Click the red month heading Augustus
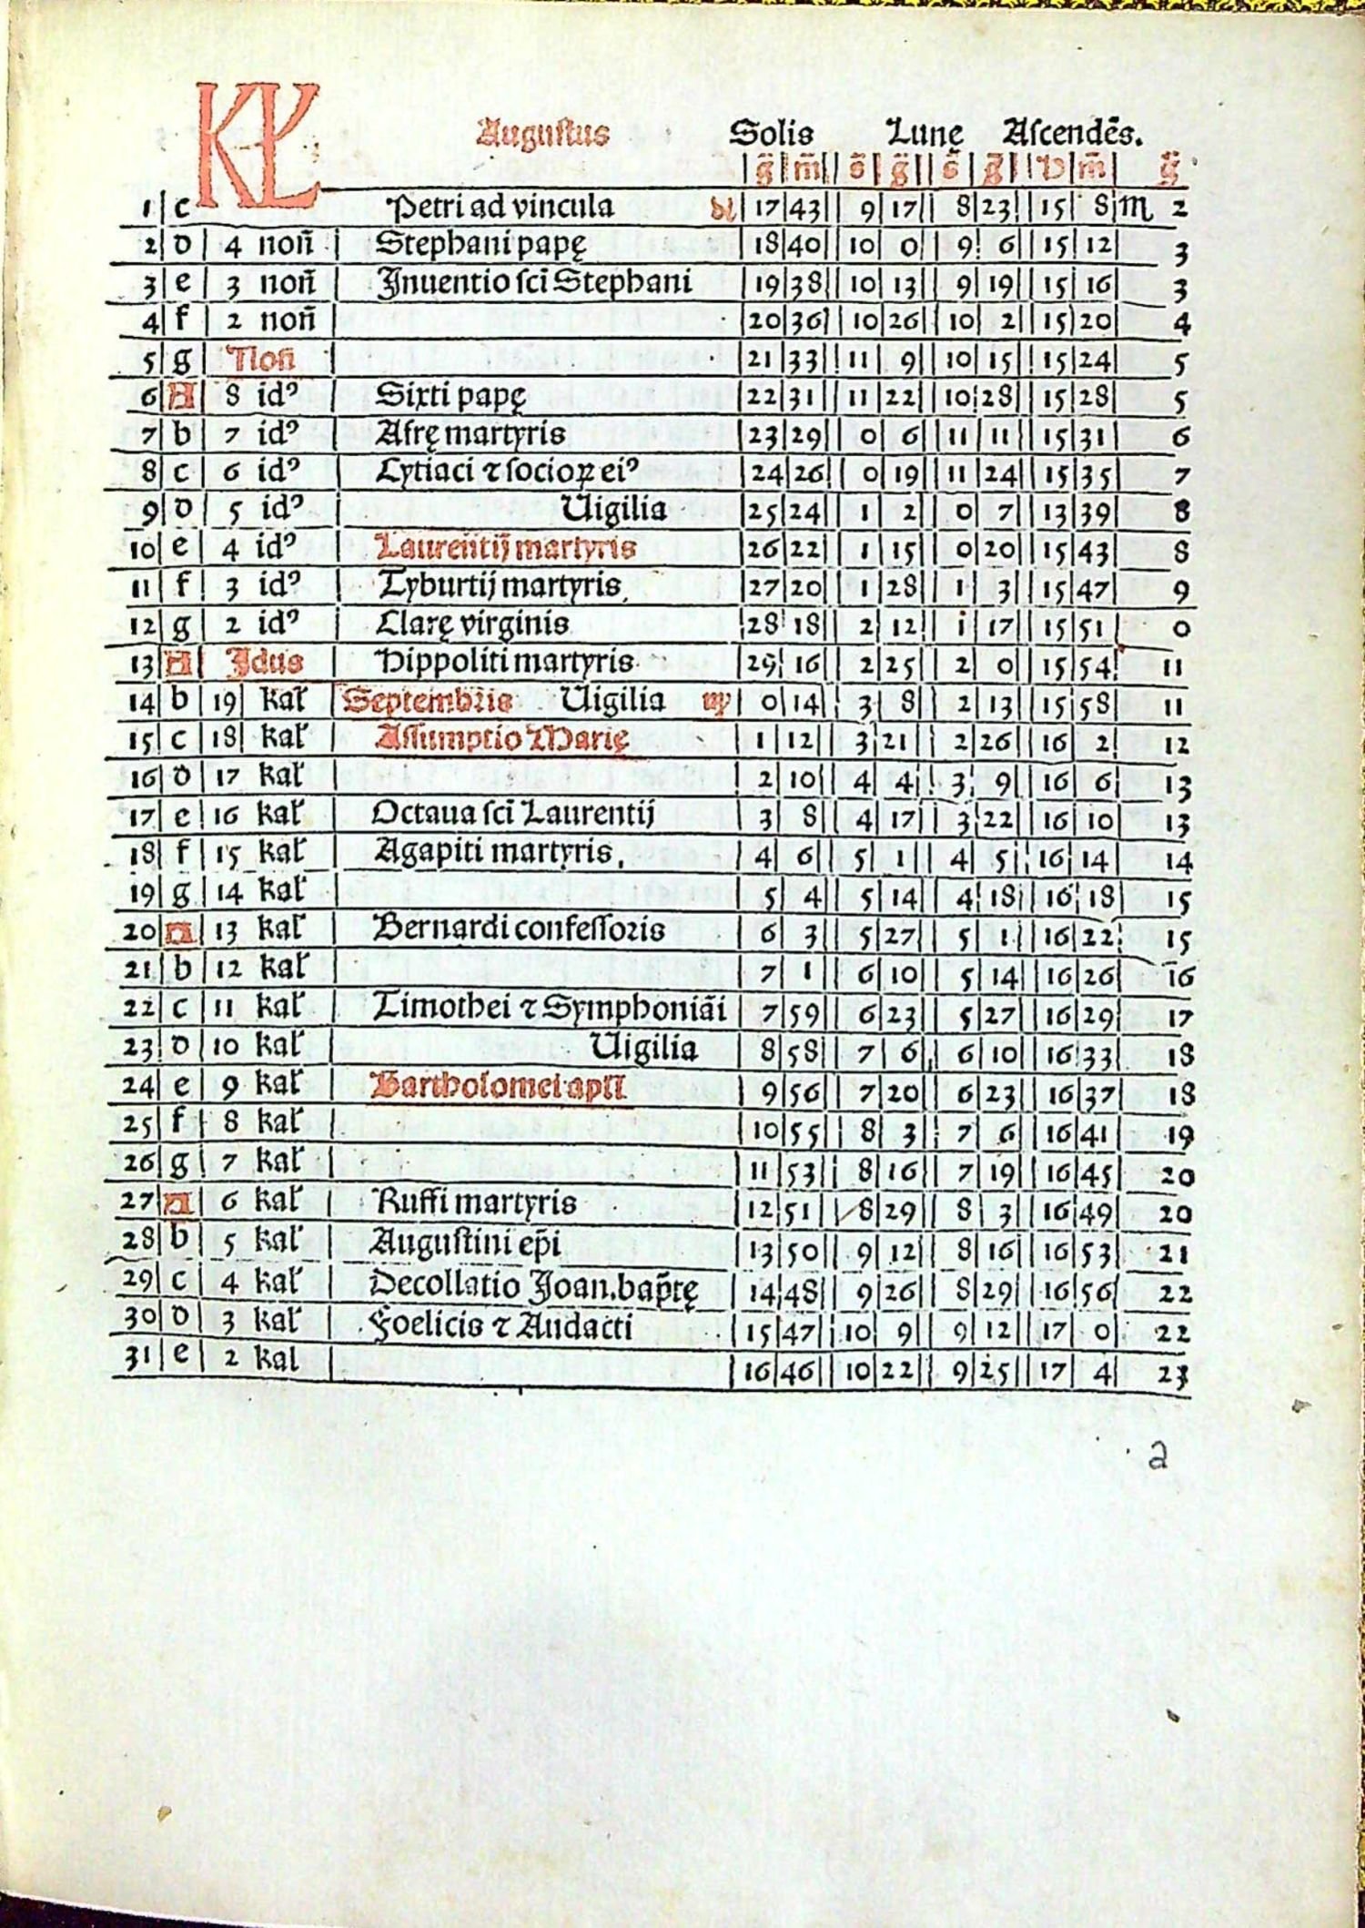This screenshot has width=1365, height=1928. click(x=542, y=135)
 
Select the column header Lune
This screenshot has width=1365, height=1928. click(x=925, y=134)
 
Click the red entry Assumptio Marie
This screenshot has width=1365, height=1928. click(x=501, y=737)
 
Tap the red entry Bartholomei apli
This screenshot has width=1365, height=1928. click(x=498, y=1087)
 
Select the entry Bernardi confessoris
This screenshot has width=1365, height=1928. click(x=519, y=929)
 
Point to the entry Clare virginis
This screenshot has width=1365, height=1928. click(x=473, y=624)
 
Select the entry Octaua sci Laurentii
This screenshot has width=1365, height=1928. click(x=513, y=812)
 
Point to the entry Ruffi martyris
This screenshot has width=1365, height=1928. click(x=474, y=1203)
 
